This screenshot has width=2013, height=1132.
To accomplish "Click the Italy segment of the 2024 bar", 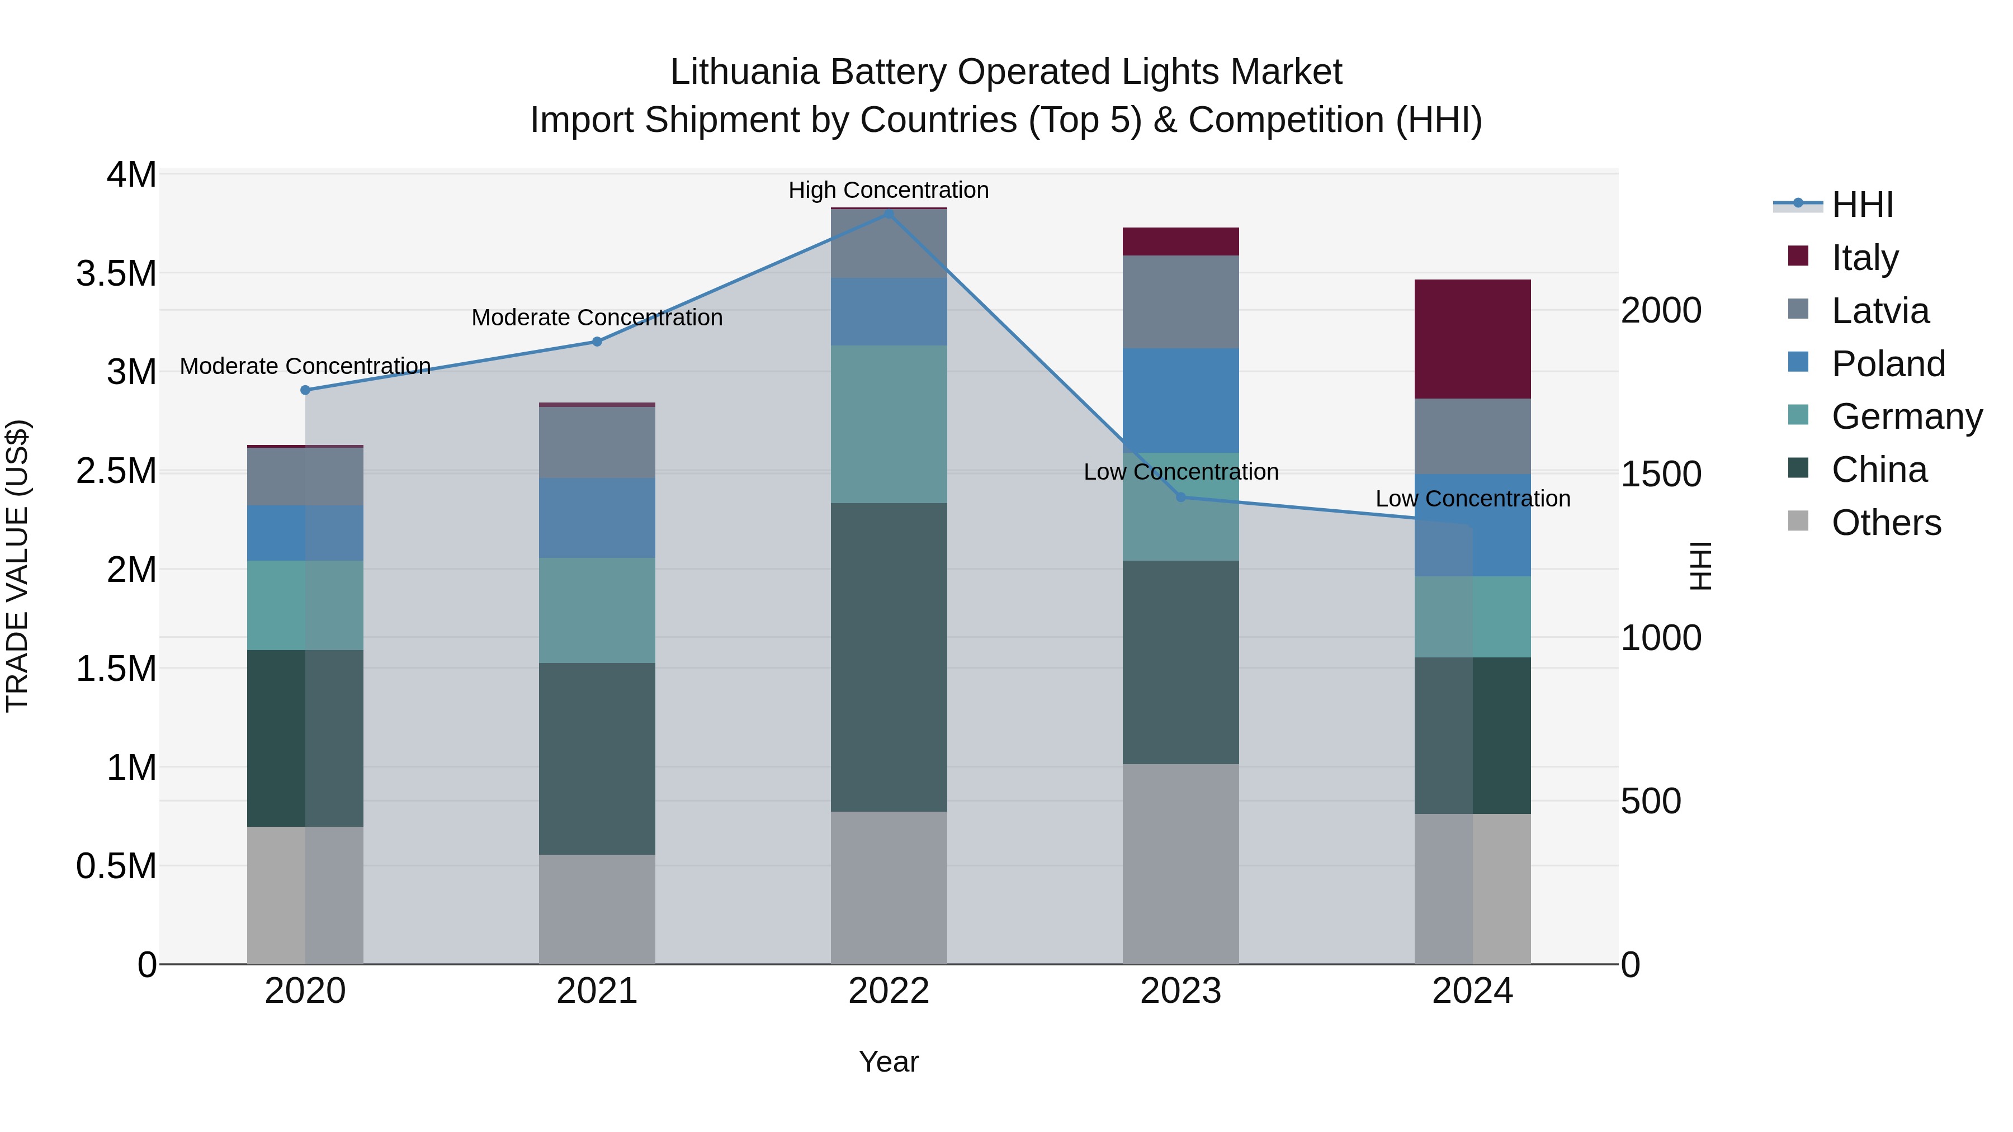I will click(1472, 339).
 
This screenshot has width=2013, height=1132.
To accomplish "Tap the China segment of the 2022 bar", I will click(889, 657).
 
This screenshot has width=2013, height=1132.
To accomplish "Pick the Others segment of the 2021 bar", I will click(597, 910).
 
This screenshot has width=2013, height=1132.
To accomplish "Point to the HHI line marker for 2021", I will click(597, 342).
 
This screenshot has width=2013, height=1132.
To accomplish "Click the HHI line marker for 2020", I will click(305, 390).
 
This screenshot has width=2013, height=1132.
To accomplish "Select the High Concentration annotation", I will click(889, 190).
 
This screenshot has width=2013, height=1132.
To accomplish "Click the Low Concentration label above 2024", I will click(1472, 499).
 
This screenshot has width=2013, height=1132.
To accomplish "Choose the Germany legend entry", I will click(1906, 416).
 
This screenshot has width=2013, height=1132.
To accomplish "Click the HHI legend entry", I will click(1861, 205).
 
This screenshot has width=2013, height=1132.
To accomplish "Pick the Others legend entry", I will click(1886, 523).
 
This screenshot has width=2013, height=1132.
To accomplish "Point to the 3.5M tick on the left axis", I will click(116, 273).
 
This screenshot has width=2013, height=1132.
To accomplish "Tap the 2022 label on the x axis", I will click(889, 991).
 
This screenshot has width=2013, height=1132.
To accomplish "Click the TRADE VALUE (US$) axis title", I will click(17, 566).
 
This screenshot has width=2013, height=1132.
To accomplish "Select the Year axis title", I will click(889, 1062).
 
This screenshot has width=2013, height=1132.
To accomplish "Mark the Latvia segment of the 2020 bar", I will click(305, 476).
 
